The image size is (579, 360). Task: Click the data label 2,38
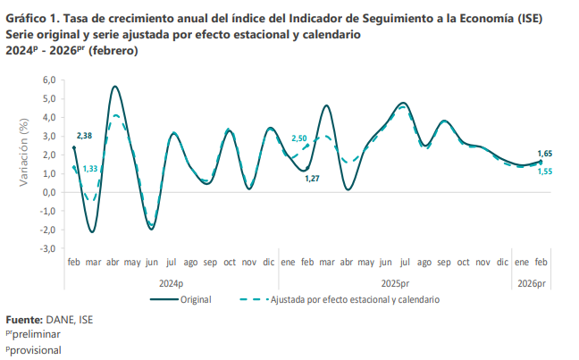pos(85,136)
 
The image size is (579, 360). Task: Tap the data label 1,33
pos(90,170)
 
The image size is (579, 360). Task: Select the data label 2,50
pos(299,138)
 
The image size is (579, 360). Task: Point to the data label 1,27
pos(312,179)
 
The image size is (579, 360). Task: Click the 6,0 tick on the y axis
pos(49,80)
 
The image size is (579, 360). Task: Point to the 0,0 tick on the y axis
pos(49,192)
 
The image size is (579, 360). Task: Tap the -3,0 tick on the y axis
pos(47,248)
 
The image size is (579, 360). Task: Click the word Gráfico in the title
pos(26,19)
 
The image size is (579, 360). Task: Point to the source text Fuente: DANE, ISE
pos(49,319)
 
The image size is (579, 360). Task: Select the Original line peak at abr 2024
pos(115,87)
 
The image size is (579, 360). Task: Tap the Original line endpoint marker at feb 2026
pos(541,162)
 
